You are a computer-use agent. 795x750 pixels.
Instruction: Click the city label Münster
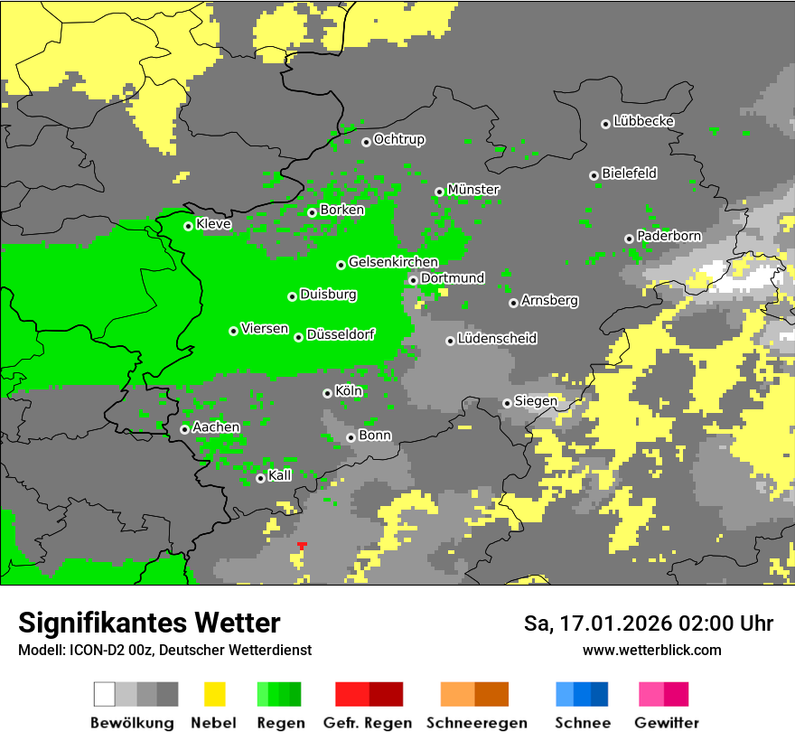[x=472, y=190]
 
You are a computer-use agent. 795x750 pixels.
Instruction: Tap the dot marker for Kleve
[x=189, y=226]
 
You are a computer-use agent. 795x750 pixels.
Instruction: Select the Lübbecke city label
[x=643, y=121]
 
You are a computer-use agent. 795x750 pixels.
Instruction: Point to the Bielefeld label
[x=629, y=173]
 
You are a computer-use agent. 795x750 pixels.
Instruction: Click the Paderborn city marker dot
[x=629, y=239]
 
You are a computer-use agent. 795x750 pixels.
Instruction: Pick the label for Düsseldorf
[x=340, y=334]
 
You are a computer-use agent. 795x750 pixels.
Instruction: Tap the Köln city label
[x=348, y=391]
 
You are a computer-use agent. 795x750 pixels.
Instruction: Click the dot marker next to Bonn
[x=351, y=437]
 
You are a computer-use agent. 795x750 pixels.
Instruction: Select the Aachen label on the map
[x=216, y=427]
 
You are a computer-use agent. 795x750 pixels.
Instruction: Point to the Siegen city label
[x=536, y=401]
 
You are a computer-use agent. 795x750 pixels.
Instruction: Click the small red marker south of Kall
[x=302, y=545]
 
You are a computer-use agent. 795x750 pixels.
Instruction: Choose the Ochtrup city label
[x=398, y=140]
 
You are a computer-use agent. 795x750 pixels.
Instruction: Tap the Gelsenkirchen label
[x=393, y=263]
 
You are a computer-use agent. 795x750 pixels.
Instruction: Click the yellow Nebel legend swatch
[x=214, y=694]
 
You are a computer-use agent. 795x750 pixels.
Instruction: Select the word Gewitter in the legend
[x=666, y=723]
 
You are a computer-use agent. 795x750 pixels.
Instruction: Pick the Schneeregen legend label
[x=475, y=723]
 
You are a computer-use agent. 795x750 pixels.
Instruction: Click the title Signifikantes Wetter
[x=149, y=623]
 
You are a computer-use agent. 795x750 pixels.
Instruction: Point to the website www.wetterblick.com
[x=651, y=650]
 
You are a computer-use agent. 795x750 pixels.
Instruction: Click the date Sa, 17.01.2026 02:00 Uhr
[x=648, y=623]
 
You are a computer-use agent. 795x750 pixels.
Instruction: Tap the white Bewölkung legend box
[x=105, y=694]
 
